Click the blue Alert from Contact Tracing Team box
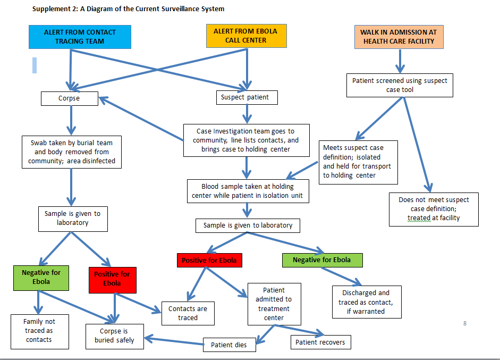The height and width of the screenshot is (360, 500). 80,36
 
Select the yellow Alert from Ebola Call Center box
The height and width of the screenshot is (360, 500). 246,36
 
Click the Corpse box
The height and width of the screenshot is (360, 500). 69,98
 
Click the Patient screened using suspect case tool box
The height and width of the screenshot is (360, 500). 400,85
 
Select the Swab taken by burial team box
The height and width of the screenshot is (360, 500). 72,152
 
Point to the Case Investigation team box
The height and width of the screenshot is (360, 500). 247,140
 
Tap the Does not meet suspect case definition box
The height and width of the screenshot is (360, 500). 434,209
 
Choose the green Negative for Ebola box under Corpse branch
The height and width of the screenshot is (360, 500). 41,278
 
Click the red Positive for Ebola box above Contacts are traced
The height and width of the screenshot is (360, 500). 209,260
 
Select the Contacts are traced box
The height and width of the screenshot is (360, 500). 188,313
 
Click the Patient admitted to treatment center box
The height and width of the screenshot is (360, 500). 274,304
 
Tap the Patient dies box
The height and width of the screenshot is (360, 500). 229,345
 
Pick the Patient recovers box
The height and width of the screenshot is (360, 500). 320,342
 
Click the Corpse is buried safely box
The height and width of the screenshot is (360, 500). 114,336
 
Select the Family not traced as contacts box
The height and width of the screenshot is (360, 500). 39,331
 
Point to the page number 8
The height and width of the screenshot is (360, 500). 465,323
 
